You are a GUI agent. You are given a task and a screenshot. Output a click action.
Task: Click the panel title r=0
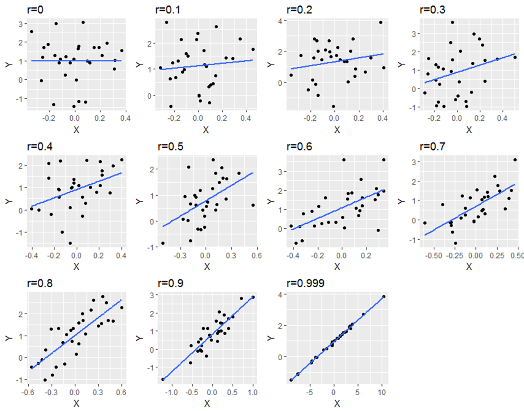(x=35, y=9)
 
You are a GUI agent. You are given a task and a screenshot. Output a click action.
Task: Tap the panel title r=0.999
(x=306, y=283)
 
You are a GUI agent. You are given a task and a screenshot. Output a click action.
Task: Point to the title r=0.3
(x=432, y=9)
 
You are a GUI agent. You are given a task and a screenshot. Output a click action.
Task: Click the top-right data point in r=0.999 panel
(x=383, y=297)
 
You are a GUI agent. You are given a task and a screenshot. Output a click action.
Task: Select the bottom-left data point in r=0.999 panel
(x=291, y=380)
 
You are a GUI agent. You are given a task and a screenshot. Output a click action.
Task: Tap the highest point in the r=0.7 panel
(x=515, y=160)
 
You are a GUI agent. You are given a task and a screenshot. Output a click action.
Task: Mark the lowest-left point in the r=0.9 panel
(x=163, y=379)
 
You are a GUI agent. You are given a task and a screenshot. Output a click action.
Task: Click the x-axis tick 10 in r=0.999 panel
(x=382, y=392)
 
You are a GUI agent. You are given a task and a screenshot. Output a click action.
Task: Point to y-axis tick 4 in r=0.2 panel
(x=280, y=21)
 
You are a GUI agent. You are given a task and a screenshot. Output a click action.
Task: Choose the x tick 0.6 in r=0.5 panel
(x=256, y=255)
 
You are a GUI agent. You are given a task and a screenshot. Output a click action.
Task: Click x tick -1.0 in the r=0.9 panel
(x=171, y=392)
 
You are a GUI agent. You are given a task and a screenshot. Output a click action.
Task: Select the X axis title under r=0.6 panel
(x=337, y=267)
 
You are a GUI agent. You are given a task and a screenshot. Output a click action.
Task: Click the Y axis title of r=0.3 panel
(x=401, y=64)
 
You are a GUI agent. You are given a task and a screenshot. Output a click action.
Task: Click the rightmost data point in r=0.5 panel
(x=253, y=205)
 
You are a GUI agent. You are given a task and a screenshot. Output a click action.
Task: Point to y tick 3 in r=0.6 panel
(x=280, y=172)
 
